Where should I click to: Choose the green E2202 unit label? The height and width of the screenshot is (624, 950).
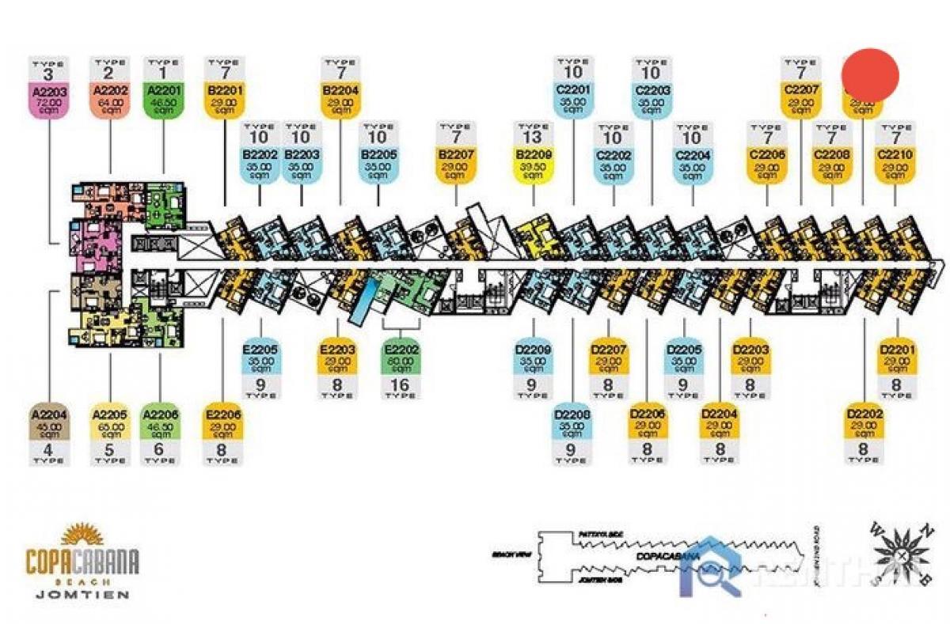point(401,356)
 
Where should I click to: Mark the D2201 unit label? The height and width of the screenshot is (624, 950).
point(897,356)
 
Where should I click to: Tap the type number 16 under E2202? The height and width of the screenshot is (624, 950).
point(401,386)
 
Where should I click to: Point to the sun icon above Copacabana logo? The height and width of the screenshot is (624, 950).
point(82,535)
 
